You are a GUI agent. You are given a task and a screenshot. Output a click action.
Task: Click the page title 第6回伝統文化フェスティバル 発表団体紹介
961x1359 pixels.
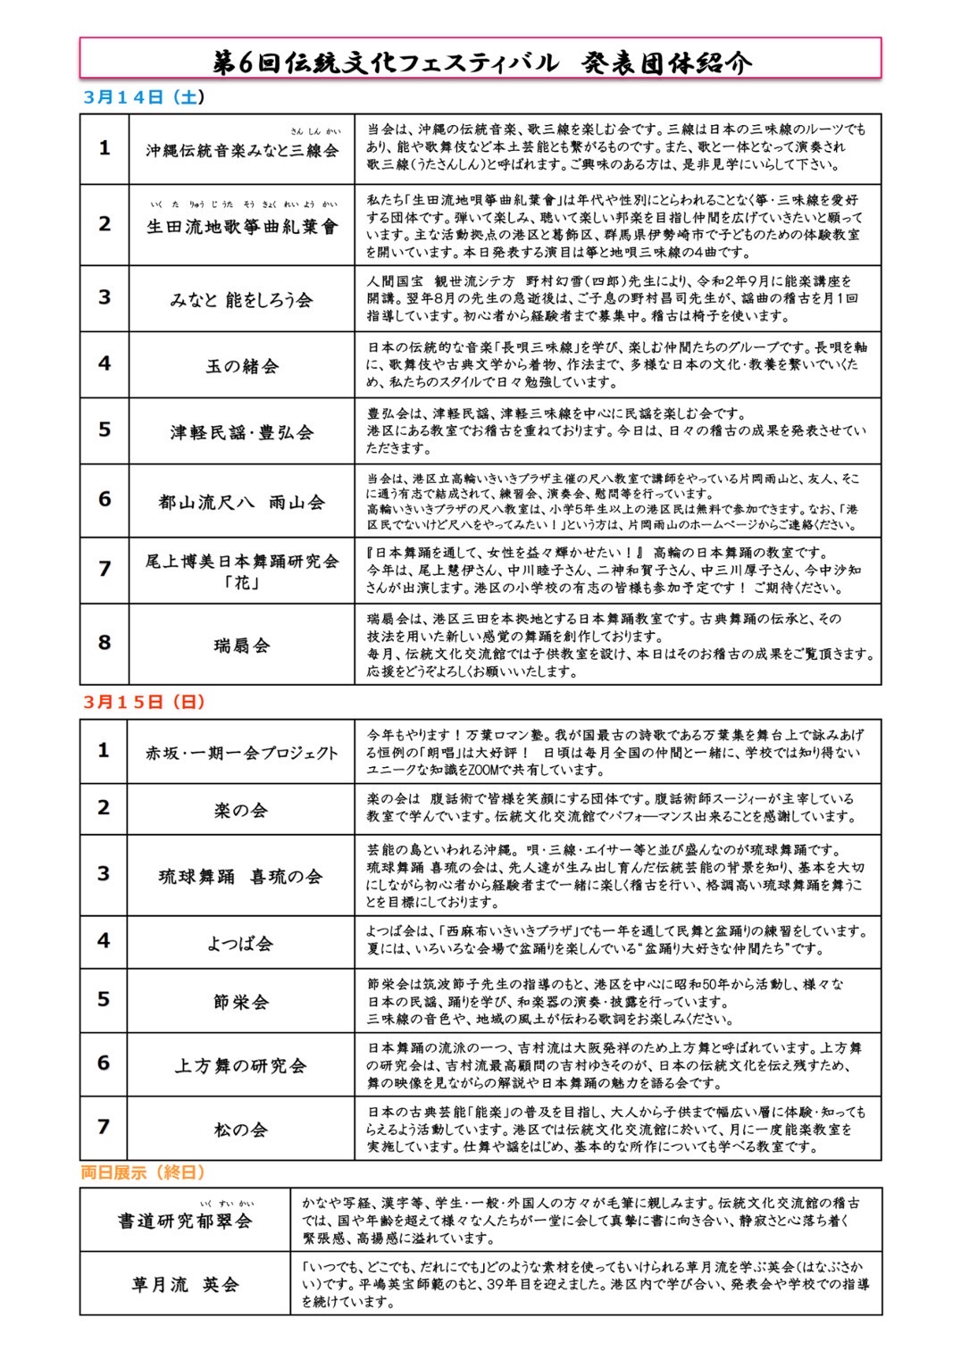(x=480, y=62)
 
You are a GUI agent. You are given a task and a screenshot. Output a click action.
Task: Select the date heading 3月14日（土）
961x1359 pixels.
(x=143, y=97)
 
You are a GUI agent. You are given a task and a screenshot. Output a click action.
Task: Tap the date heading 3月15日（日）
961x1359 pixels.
(x=143, y=702)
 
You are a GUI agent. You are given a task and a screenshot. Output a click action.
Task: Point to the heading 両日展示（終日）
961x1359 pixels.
(x=143, y=1172)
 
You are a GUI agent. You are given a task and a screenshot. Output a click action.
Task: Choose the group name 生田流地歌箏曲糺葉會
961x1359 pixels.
(x=242, y=227)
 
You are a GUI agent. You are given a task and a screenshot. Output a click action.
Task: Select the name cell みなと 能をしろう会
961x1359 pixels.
(x=242, y=300)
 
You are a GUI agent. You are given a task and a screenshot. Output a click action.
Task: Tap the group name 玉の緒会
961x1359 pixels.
(x=242, y=366)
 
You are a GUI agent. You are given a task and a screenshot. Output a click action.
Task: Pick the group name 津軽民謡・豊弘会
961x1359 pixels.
(x=242, y=433)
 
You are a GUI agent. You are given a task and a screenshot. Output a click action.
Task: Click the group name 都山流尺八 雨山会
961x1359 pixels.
(x=242, y=503)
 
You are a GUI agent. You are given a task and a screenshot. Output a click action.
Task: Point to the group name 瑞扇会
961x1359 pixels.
(x=242, y=645)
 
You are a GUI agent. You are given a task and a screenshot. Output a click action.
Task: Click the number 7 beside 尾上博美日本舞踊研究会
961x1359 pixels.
(x=104, y=569)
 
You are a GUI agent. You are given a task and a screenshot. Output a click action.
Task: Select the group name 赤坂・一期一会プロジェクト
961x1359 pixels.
(x=242, y=753)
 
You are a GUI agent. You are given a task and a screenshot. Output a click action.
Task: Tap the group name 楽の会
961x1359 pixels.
(x=242, y=811)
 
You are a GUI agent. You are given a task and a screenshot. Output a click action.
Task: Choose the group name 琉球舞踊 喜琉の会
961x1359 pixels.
(x=242, y=877)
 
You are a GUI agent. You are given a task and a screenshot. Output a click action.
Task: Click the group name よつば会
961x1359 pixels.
(x=242, y=944)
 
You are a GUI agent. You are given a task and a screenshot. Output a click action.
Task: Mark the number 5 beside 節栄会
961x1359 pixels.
(x=104, y=999)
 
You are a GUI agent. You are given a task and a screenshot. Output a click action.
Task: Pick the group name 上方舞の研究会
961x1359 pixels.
(x=242, y=1066)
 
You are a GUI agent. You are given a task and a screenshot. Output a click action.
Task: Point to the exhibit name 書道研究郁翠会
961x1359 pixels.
(x=186, y=1221)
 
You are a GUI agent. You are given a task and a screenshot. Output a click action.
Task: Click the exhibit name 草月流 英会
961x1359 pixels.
(x=186, y=1285)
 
